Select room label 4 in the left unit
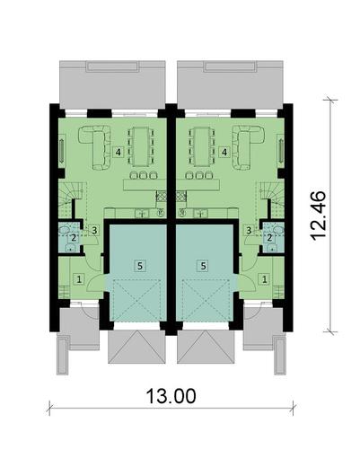point(119,152)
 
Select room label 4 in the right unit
point(224,152)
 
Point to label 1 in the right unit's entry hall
point(263,280)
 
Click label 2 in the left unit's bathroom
point(73,237)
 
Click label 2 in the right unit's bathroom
point(269,237)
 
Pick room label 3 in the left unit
point(93,231)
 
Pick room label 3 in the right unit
point(249,231)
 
